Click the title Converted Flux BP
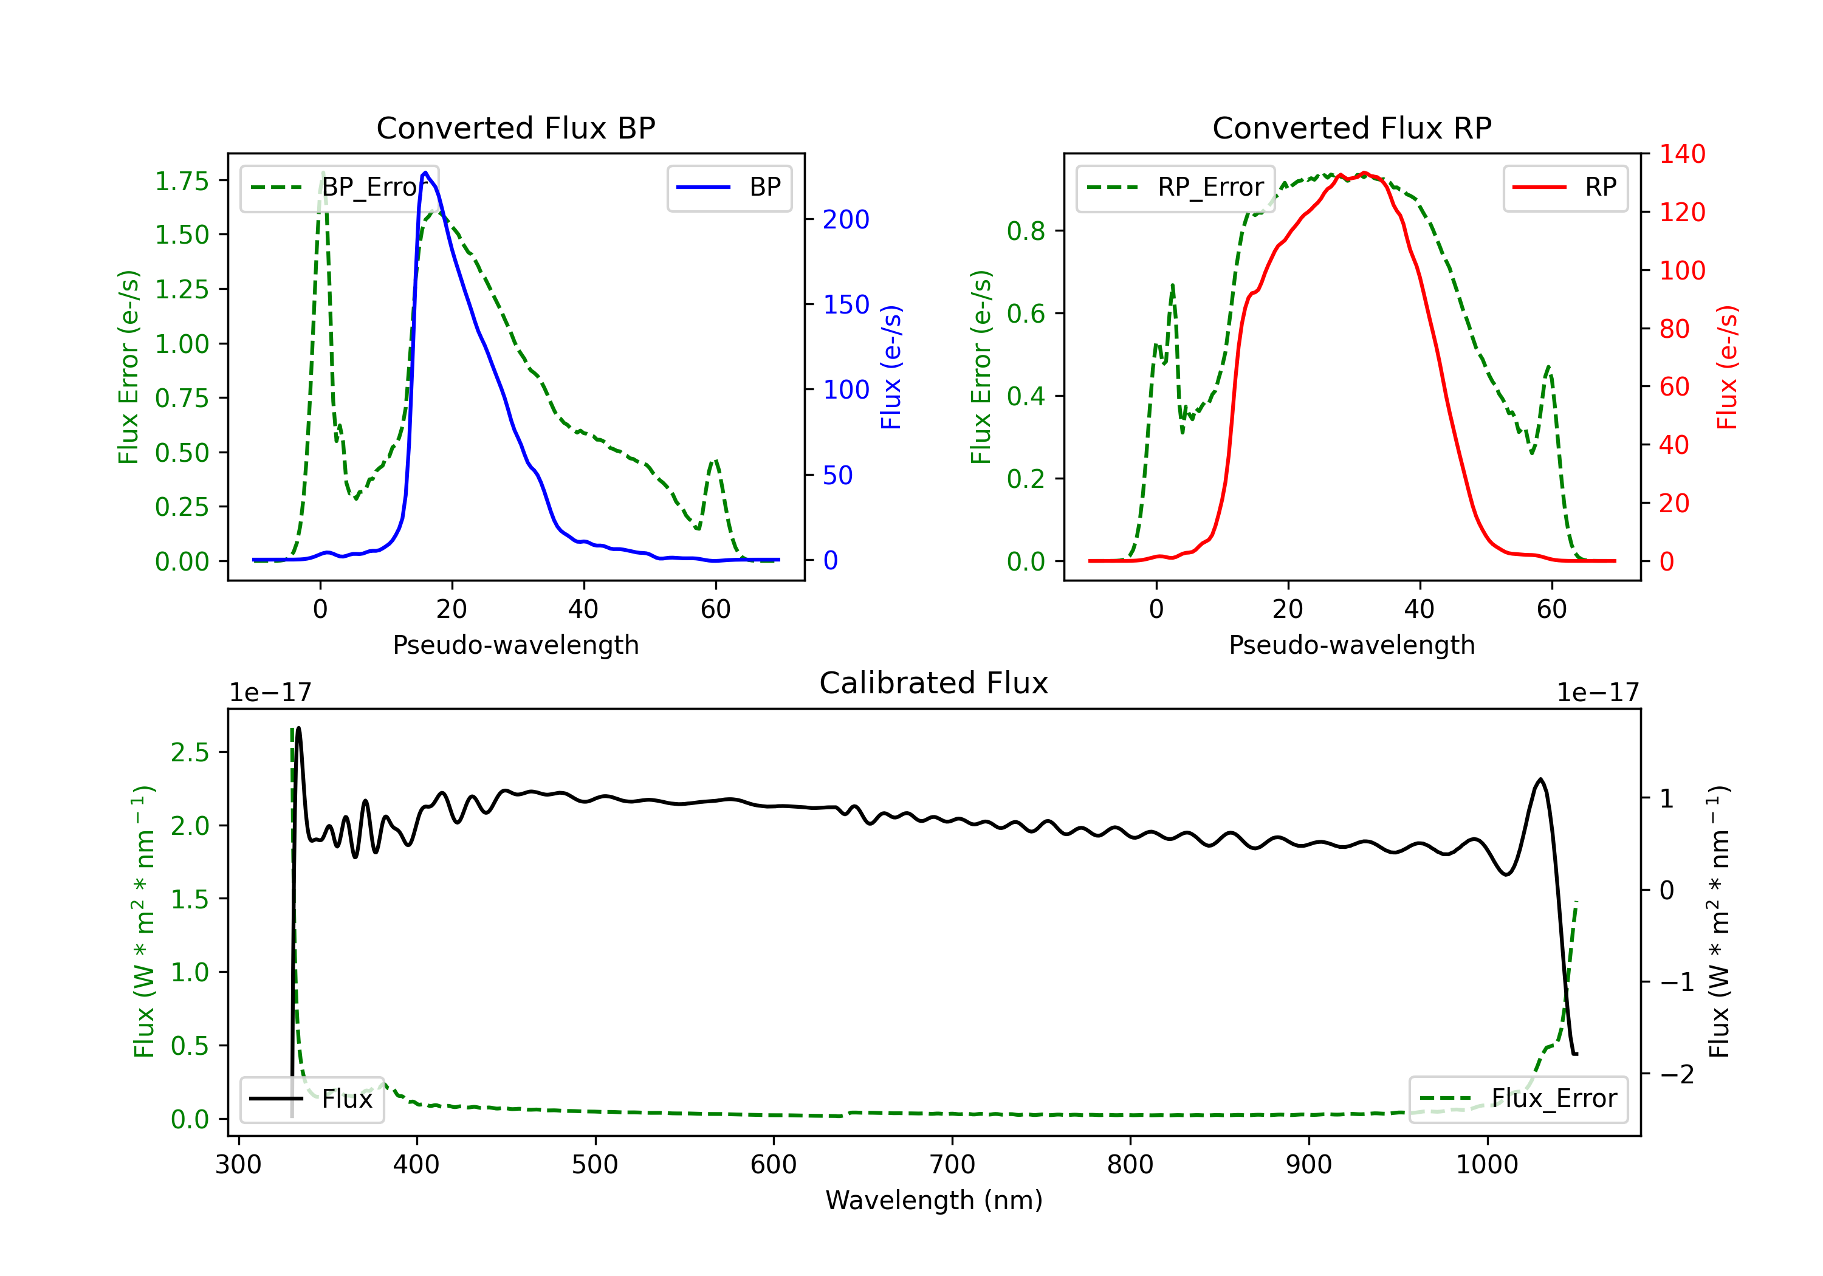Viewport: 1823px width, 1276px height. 515,128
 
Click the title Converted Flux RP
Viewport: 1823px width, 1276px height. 1351,128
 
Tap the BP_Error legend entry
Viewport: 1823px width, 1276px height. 340,187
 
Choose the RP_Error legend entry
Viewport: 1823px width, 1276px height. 1175,187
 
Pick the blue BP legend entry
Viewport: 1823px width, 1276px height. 729,187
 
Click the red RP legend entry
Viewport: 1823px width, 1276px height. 1565,187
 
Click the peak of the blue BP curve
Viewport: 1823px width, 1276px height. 425,173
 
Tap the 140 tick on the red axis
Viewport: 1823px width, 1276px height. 1681,154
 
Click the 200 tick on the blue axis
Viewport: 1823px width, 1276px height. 846,219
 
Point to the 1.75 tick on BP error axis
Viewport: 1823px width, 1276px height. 182,181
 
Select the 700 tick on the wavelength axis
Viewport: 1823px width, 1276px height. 952,1165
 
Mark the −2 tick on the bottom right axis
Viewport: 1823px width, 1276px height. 1676,1074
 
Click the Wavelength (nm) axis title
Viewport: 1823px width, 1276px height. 934,1200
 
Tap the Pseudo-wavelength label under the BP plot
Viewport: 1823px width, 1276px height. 515,645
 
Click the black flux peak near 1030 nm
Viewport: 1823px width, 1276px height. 1540,780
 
